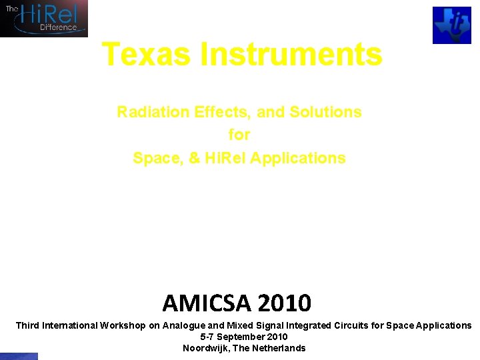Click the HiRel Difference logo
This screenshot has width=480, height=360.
tap(44, 18)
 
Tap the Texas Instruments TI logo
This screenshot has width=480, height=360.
tap(451, 25)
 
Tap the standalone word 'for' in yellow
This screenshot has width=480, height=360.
tap(239, 135)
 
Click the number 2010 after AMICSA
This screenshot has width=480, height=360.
tap(283, 303)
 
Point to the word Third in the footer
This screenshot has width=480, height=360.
tap(27, 325)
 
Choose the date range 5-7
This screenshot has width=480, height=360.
tap(207, 337)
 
